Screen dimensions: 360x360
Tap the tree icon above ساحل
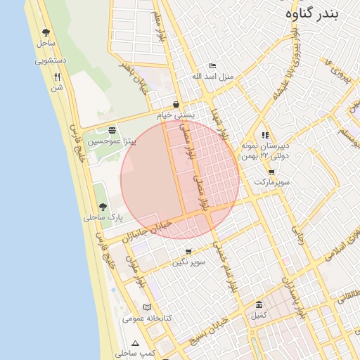click(x=46, y=32)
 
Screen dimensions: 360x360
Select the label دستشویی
click(x=51, y=60)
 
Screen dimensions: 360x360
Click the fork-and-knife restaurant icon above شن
click(x=57, y=77)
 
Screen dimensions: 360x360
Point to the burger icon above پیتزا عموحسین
click(x=112, y=130)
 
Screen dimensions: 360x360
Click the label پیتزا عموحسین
click(x=112, y=141)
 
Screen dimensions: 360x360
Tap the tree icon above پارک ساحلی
click(x=103, y=207)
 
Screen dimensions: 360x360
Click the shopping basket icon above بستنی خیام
click(x=175, y=104)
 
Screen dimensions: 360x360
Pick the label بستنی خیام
click(x=174, y=115)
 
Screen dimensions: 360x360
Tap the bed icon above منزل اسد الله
click(x=213, y=65)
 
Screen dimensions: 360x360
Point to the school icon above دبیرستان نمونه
click(x=265, y=134)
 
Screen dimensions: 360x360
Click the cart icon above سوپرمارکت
click(x=271, y=172)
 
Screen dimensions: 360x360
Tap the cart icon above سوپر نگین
click(x=188, y=252)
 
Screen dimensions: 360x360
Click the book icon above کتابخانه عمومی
click(x=147, y=307)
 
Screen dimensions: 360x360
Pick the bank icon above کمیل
click(x=259, y=304)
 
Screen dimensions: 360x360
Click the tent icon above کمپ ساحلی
click(x=135, y=342)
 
